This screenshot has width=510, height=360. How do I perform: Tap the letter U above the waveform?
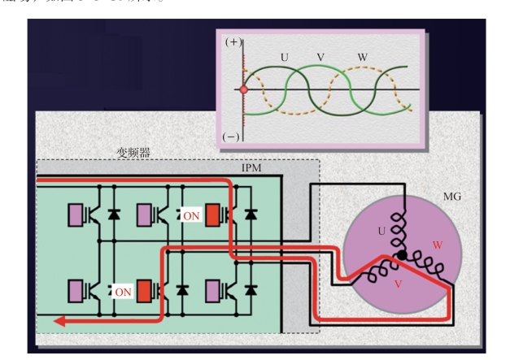284,59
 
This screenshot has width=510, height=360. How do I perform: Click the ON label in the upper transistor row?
192,218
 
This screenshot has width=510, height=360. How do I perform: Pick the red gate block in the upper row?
213,216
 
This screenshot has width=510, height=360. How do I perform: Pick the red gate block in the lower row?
146,289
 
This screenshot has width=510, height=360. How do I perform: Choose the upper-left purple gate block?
78,215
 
